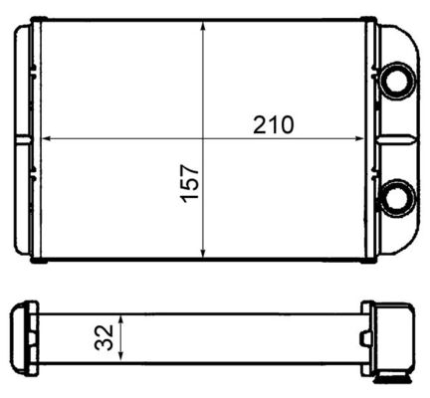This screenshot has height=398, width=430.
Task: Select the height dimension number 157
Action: click(x=191, y=182)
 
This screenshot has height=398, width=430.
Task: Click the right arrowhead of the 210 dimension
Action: click(x=368, y=136)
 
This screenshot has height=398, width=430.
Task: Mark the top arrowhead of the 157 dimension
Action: click(x=203, y=27)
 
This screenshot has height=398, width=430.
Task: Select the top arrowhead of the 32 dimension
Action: click(x=120, y=318)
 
